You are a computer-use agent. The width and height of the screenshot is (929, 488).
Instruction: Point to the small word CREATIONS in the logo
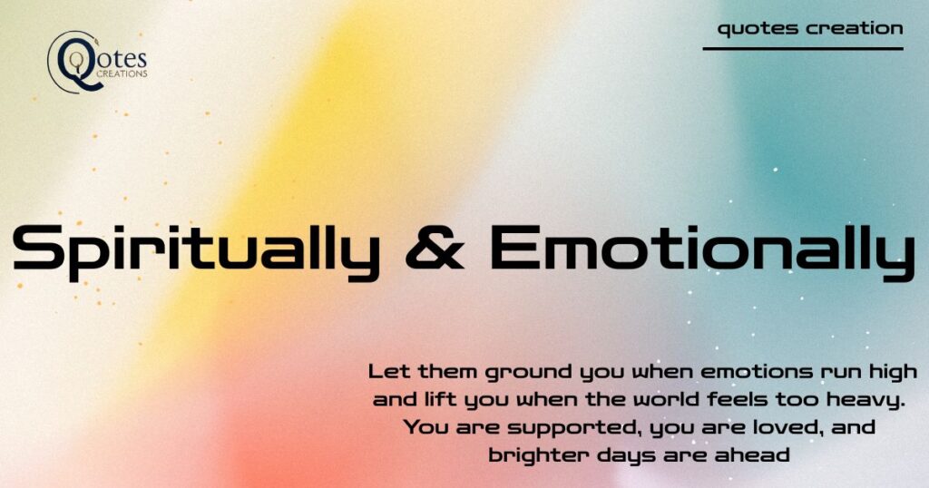(x=122, y=74)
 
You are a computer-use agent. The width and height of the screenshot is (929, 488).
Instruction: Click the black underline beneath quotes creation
(x=803, y=49)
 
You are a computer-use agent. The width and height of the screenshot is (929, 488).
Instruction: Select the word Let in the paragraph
(x=390, y=372)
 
